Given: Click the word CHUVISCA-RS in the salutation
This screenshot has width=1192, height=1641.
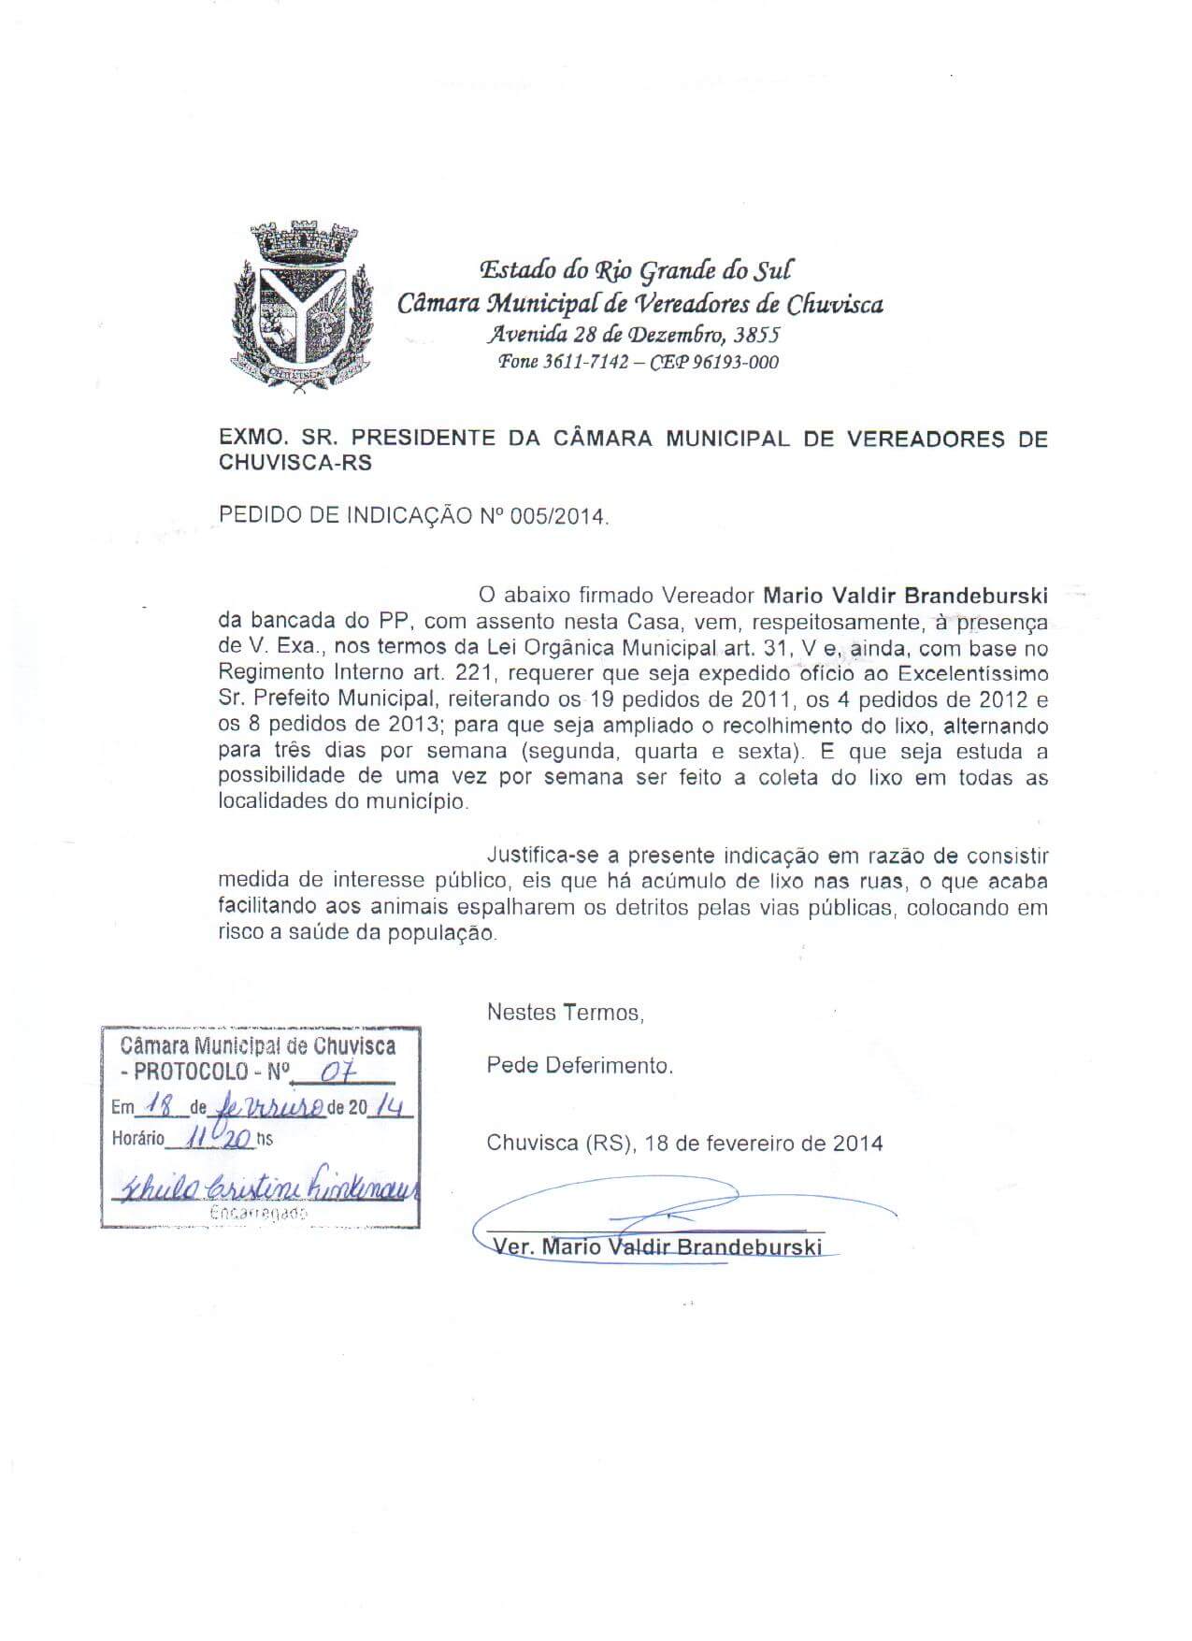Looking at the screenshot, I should (x=294, y=463).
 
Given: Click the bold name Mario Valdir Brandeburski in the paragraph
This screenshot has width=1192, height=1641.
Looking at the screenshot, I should (x=905, y=596).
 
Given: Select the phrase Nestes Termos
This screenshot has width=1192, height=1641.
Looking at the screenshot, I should (x=565, y=1013).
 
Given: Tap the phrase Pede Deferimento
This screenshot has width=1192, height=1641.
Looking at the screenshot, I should (x=579, y=1065).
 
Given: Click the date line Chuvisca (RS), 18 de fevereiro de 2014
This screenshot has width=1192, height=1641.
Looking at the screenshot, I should (x=684, y=1144).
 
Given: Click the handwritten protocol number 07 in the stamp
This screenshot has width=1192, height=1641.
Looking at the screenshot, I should (x=330, y=1072).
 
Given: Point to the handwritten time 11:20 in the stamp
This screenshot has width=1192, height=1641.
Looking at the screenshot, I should (x=218, y=1138).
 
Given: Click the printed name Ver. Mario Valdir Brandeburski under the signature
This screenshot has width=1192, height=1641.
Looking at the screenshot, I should (x=657, y=1247).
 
